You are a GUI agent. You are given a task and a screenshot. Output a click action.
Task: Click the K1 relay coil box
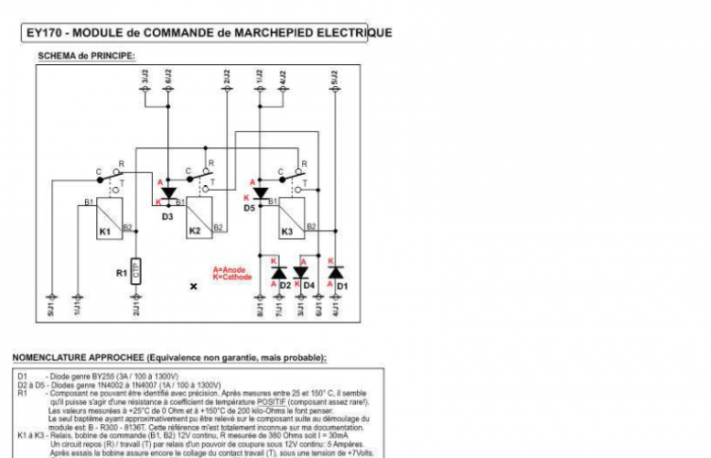pyautogui.click(x=109, y=220)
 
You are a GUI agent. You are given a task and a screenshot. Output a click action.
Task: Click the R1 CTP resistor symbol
pyautogui.click(x=135, y=272)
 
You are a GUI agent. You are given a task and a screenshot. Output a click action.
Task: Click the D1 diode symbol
pyautogui.click(x=336, y=273)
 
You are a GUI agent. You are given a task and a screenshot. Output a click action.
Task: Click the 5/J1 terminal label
pyautogui.click(x=52, y=310)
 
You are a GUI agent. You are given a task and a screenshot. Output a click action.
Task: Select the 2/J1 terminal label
pyautogui.click(x=135, y=310)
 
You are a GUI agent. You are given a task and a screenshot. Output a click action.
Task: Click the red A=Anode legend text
pyautogui.click(x=229, y=269)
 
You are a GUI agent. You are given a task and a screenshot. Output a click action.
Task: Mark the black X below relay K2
pyautogui.click(x=193, y=287)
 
